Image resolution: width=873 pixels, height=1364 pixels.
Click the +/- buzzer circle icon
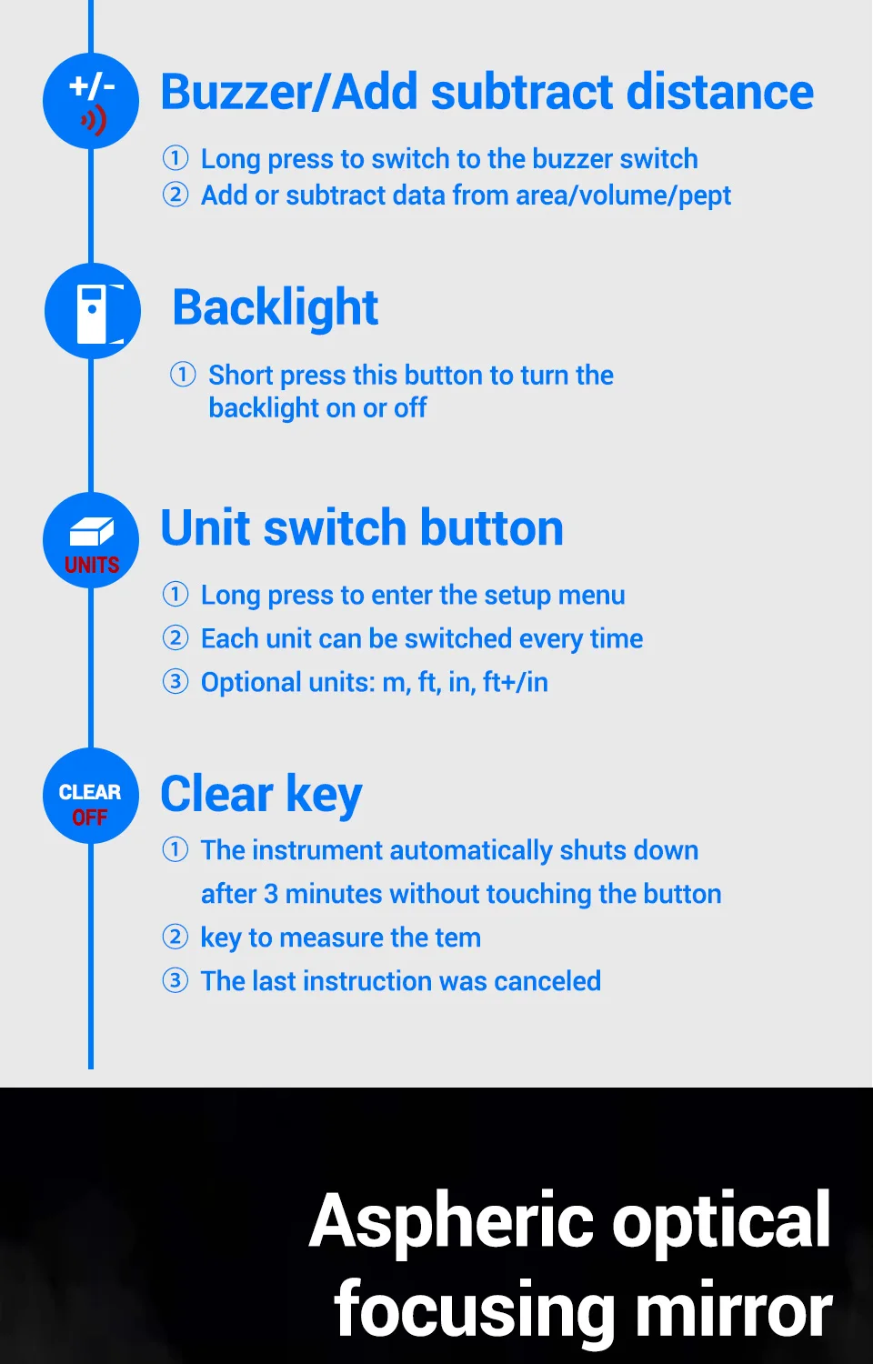click(x=91, y=101)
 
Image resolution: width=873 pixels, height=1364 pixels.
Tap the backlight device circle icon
click(x=93, y=311)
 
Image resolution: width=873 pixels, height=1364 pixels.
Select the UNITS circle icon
click(x=91, y=540)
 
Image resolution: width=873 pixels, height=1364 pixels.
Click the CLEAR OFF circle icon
click(x=91, y=796)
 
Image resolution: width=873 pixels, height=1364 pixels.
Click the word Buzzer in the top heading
click(x=236, y=92)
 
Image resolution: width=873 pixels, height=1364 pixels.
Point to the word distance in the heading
click(x=719, y=92)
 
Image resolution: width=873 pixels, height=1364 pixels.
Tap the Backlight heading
click(x=276, y=308)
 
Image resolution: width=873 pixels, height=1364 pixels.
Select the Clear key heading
click(x=261, y=795)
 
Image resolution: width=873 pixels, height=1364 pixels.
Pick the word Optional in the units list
click(x=251, y=683)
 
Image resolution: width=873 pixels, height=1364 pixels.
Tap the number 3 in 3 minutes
click(x=271, y=894)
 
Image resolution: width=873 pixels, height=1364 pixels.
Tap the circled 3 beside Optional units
click(x=176, y=681)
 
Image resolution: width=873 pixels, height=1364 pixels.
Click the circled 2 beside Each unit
click(x=176, y=637)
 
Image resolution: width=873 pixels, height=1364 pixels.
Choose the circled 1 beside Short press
click(x=183, y=375)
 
